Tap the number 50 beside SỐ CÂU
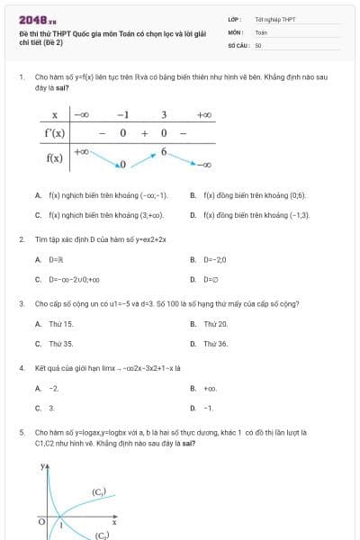258,44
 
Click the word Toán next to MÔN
261,31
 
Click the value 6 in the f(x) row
164,150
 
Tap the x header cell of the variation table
55,115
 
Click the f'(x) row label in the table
55,133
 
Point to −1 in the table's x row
122,115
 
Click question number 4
22,368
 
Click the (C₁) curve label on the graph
99,492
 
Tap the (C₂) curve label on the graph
101,535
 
